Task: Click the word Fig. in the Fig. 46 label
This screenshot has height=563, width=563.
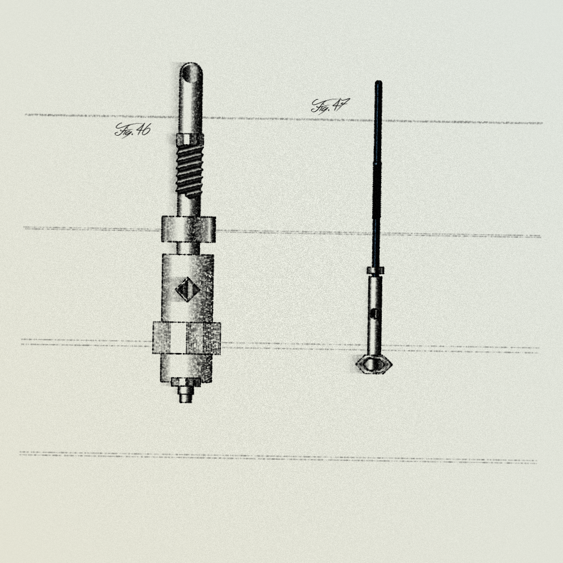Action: click(124, 130)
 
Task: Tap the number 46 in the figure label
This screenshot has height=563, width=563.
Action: click(143, 129)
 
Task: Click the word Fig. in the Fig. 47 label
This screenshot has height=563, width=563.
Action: click(321, 106)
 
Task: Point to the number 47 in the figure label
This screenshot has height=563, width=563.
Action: click(341, 105)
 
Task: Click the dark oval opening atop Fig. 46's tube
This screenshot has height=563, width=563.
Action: click(187, 74)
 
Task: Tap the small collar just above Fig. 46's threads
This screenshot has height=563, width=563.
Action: click(190, 138)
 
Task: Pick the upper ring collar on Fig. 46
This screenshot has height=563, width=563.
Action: click(189, 229)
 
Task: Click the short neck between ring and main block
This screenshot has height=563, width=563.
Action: click(189, 248)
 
